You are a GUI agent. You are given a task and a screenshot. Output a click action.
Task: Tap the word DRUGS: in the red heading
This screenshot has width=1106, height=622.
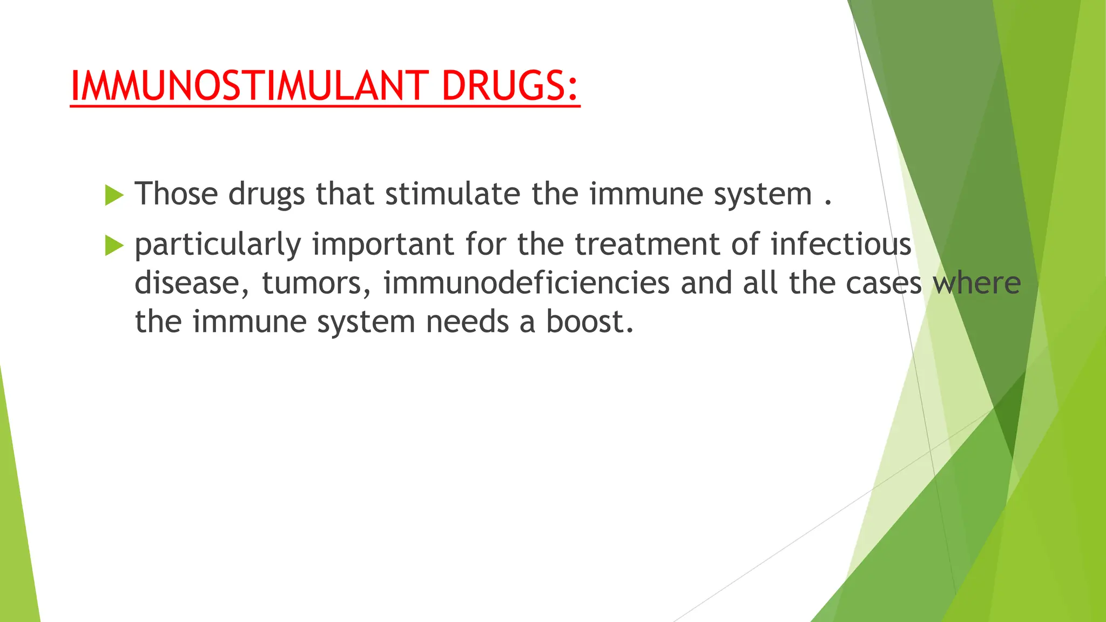pyautogui.click(x=510, y=86)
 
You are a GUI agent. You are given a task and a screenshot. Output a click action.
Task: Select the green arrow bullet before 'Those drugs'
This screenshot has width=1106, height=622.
pyautogui.click(x=114, y=195)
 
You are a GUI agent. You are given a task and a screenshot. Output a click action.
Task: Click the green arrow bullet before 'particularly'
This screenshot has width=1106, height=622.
pyautogui.click(x=114, y=246)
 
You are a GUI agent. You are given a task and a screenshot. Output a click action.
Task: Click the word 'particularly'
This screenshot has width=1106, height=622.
pyautogui.click(x=218, y=245)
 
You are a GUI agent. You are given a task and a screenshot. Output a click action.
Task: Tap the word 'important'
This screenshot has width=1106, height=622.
pyautogui.click(x=383, y=244)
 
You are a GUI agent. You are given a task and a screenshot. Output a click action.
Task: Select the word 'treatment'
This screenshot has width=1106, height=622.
pyautogui.click(x=647, y=244)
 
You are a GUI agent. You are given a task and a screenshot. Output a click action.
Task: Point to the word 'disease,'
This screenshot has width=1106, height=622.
pyautogui.click(x=192, y=283)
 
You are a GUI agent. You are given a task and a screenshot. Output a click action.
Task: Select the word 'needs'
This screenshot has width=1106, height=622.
pyautogui.click(x=467, y=322)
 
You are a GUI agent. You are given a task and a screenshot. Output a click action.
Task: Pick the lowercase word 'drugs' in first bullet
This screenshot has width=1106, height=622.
pyautogui.click(x=266, y=194)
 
